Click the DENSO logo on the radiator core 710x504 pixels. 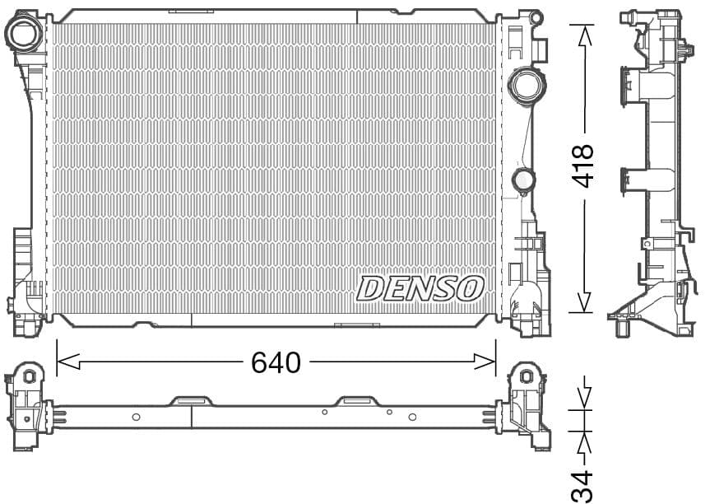point(420,288)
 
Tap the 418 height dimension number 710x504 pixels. point(583,166)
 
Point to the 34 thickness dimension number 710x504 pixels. point(582,486)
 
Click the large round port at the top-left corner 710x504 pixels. point(22,33)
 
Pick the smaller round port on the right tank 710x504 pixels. point(522,180)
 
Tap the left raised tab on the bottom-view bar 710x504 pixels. point(191,401)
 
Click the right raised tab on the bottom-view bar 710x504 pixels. point(359,401)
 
